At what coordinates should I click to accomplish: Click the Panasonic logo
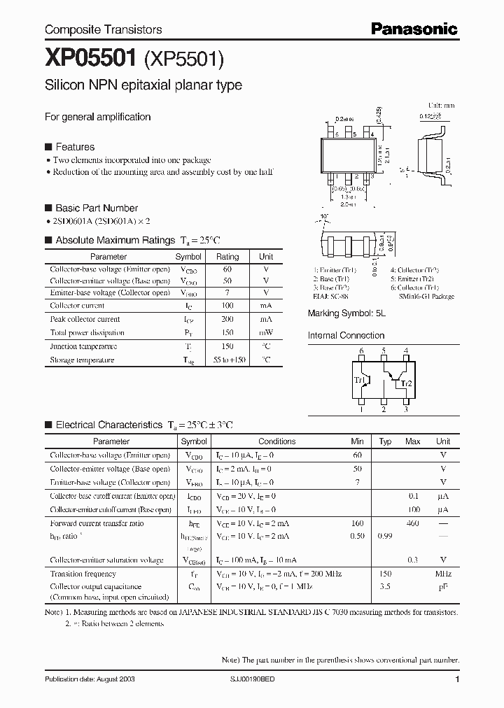click(x=414, y=29)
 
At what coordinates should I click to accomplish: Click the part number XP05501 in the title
click(x=91, y=59)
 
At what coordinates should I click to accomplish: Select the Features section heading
click(x=74, y=147)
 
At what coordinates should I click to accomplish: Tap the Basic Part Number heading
click(x=96, y=208)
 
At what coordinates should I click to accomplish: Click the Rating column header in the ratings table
click(x=227, y=257)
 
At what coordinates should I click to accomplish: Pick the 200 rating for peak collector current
click(x=227, y=319)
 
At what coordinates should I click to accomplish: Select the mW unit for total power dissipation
click(x=266, y=332)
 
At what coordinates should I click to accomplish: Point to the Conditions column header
click(x=276, y=441)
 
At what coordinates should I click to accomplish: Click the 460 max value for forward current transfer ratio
click(x=412, y=523)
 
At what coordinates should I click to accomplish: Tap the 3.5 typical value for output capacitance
click(x=384, y=587)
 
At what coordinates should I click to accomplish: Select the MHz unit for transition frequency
click(x=442, y=573)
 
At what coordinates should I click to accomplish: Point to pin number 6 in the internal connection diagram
click(x=361, y=351)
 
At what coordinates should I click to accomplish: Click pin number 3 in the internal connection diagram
click(x=405, y=410)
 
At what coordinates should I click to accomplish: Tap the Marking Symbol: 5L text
click(x=346, y=314)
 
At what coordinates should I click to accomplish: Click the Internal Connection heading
click(x=346, y=335)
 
